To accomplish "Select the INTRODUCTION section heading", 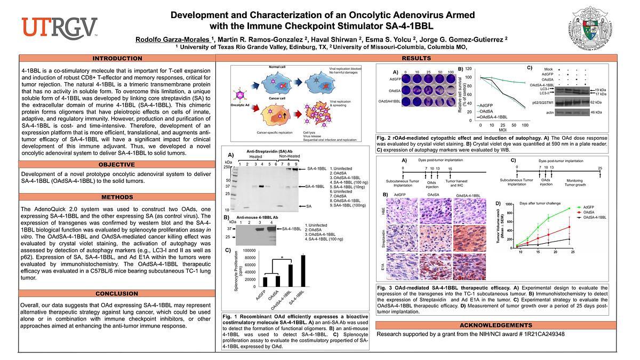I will click(117, 59).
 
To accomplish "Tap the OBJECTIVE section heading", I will click(117, 164).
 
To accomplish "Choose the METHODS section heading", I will click(117, 197).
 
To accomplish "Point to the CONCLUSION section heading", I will click(117, 294).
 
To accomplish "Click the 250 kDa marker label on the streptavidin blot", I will click(228, 167).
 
